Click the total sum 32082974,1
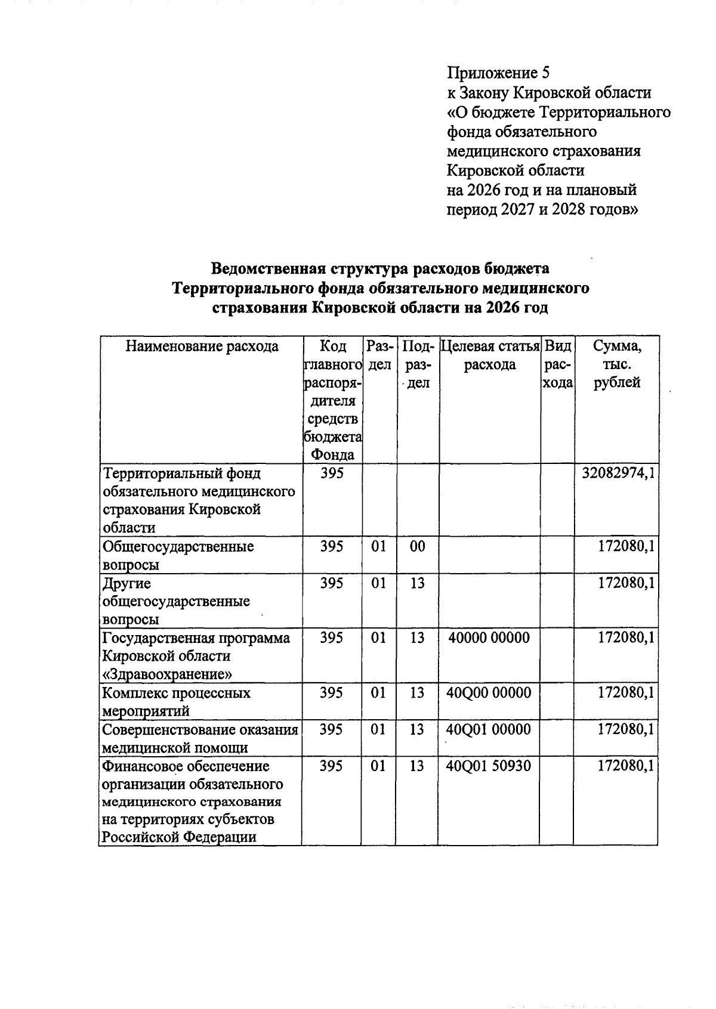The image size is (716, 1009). click(x=618, y=474)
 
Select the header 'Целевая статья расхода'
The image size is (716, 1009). click(x=490, y=355)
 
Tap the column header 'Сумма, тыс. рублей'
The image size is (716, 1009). click(x=617, y=364)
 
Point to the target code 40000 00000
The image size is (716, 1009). click(x=489, y=638)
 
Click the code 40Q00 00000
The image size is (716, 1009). click(x=489, y=693)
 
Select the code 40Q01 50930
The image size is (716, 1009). click(x=489, y=766)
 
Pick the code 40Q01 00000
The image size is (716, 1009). click(x=489, y=729)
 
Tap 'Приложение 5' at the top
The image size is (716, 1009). click(x=498, y=73)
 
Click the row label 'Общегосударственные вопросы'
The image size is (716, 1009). click(x=178, y=555)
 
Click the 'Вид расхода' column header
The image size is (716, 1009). click(x=558, y=364)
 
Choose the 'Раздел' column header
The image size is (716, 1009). click(x=379, y=355)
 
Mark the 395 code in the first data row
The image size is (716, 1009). click(x=332, y=474)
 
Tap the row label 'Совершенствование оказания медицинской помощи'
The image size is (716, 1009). click(x=200, y=738)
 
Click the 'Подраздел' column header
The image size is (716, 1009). click(x=418, y=364)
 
